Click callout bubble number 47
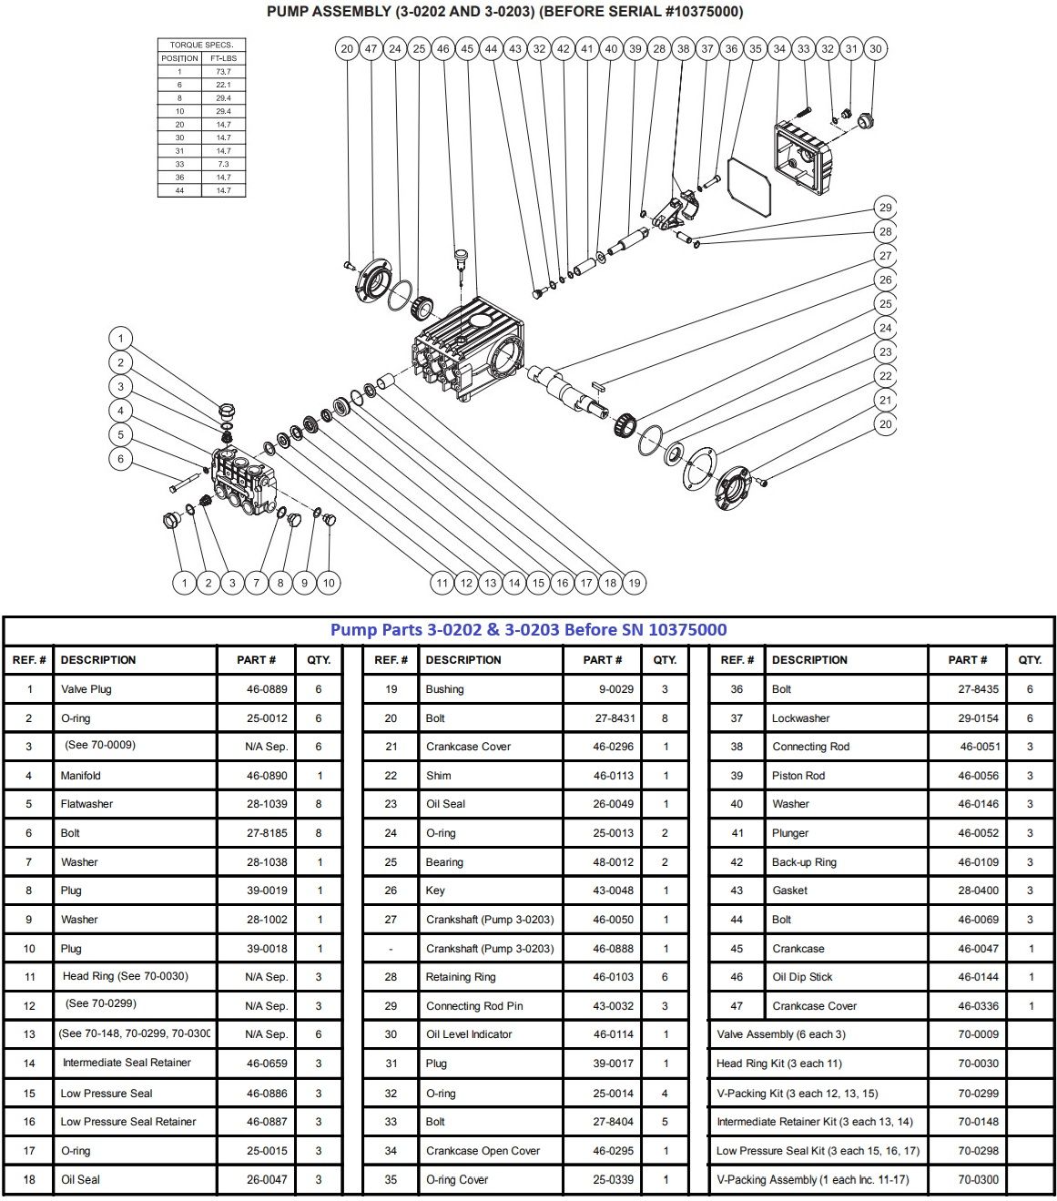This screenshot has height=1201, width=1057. [x=371, y=49]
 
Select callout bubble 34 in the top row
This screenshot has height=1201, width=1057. [x=779, y=49]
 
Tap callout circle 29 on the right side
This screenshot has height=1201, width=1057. [x=885, y=208]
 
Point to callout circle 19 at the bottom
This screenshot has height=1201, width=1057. [x=635, y=583]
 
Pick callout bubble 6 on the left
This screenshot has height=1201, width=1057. [x=121, y=459]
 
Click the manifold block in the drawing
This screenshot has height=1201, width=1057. [x=242, y=479]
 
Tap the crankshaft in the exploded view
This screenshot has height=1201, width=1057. [x=574, y=392]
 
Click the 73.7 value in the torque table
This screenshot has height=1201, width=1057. [x=223, y=72]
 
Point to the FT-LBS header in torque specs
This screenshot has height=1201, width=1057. [x=223, y=58]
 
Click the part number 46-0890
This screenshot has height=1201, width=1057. [x=267, y=776]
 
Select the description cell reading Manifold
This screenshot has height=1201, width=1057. [x=81, y=776]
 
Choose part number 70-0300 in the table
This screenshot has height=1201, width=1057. [x=978, y=1179]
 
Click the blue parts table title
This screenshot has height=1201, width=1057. [x=528, y=630]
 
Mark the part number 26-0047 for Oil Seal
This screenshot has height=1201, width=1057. [x=267, y=1179]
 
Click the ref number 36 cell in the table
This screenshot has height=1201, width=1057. [x=737, y=689]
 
